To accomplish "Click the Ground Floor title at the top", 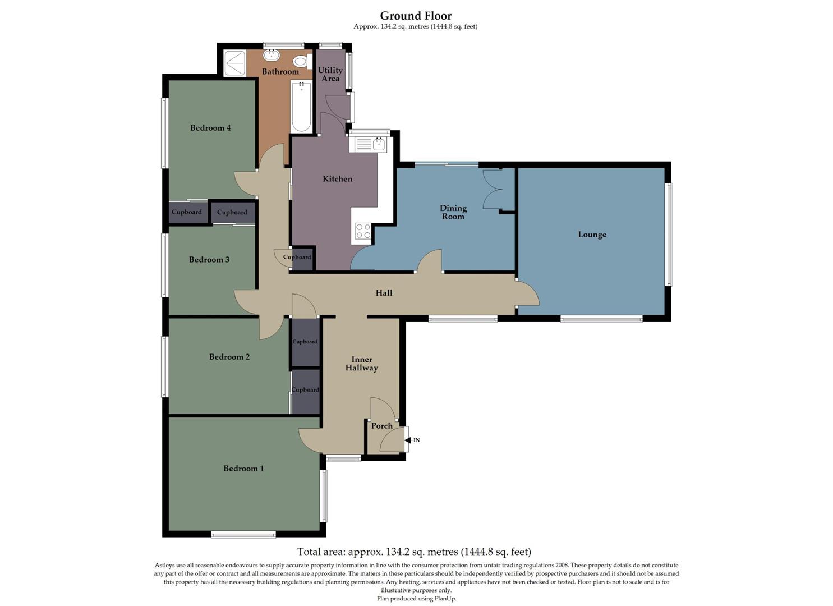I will pos(416,16).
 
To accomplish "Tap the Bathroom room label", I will pos(280,72).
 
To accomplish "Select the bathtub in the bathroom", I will pos(301,107).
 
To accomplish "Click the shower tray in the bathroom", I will pos(234,63).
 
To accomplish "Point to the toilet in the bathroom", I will pos(300,61).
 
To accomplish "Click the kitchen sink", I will pos(369,144).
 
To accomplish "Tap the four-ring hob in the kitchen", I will pos(363,231).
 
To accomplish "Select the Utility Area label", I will pos(330,74).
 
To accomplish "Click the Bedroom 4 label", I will pos(210,128).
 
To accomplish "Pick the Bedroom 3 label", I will pos(209,260).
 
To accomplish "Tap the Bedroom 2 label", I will pos(229,357).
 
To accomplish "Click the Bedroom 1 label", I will pos(243,469).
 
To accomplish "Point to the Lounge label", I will pos(592,235).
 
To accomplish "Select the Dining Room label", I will pos(453,212).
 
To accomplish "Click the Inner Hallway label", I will pos(361,364).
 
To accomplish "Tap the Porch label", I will pos(381,426).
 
